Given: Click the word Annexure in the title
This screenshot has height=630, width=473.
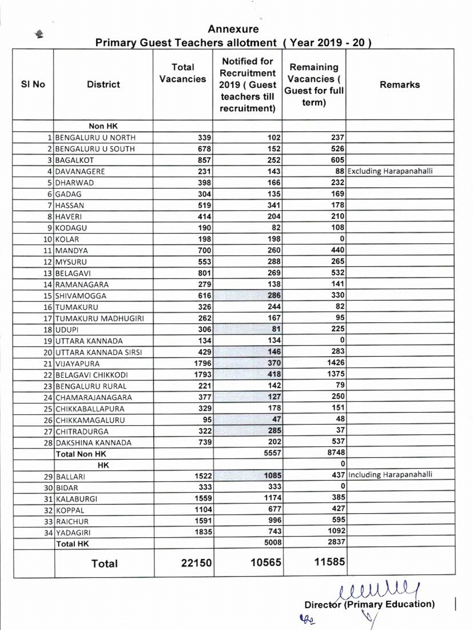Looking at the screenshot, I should point(233,29).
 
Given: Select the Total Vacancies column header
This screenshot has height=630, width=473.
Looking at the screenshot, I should point(183,73).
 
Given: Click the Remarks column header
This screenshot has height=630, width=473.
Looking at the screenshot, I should point(399,84).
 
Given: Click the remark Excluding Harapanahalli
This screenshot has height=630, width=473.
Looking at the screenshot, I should point(390,171).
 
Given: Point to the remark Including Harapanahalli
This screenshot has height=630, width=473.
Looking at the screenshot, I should point(390,475).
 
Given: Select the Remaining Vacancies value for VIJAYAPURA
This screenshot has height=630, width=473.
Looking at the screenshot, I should point(335,363).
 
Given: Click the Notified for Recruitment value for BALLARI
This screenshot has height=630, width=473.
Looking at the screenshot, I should point(272,475).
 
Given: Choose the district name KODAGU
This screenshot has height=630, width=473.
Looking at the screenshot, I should point(71,228).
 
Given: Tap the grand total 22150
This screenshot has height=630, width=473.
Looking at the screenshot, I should point(196,563).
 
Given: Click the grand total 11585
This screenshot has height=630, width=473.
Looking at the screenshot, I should point(329,562).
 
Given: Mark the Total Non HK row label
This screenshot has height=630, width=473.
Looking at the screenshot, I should point(81,454).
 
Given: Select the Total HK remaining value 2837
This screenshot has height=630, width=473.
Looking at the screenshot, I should point(336,542).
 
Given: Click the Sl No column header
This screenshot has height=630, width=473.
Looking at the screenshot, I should point(33,84).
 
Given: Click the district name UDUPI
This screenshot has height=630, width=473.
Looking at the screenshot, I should point(67,330).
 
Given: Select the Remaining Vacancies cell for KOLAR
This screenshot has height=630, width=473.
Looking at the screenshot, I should point(342,239).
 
